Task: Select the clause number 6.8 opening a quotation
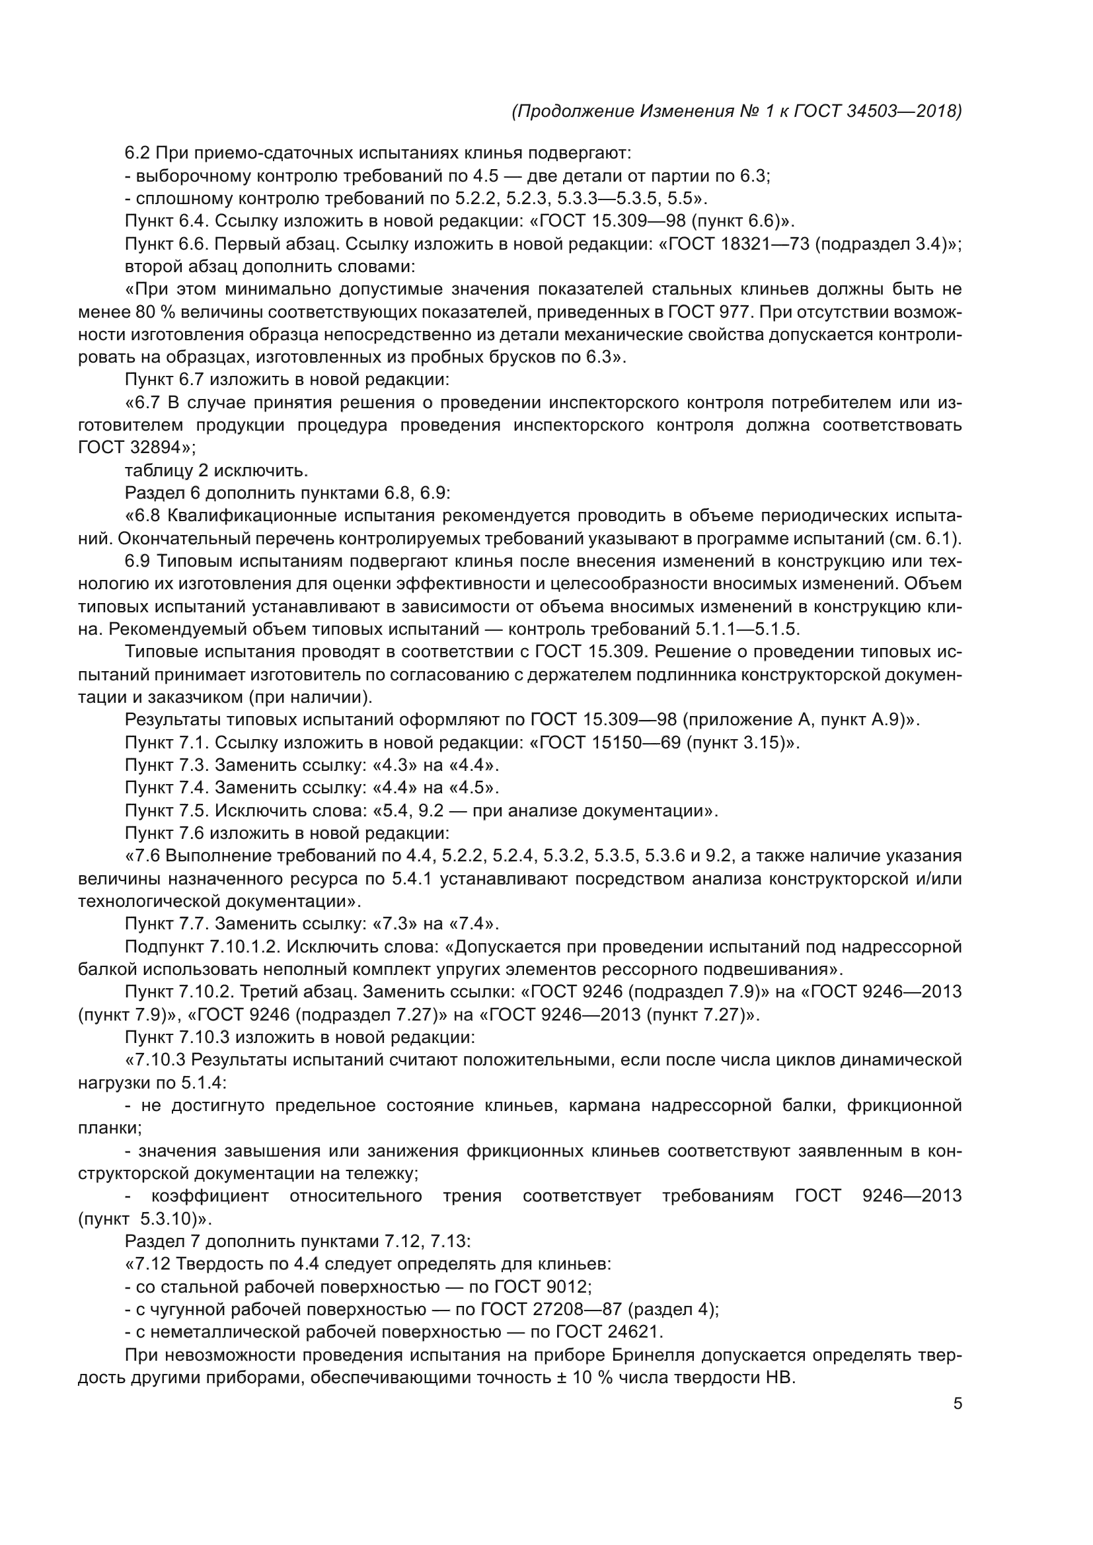[149, 516]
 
